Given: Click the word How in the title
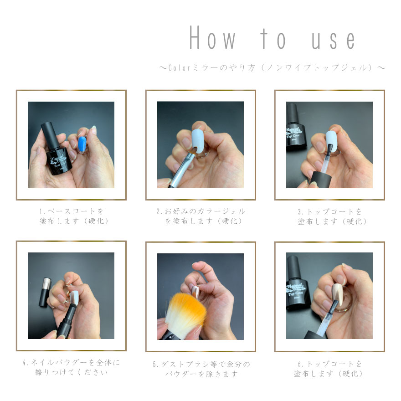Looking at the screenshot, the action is (212, 37).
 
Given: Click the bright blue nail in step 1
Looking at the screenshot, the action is (82, 144).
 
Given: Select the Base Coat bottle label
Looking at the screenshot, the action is (59, 161).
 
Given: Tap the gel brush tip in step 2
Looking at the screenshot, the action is (193, 150).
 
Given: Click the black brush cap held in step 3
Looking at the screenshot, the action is (321, 180).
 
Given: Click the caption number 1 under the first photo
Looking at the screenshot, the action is (41, 211).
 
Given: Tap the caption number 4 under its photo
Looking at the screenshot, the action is (24, 363).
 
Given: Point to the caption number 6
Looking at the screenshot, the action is (299, 364).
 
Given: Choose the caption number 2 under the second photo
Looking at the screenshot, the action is (159, 211).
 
